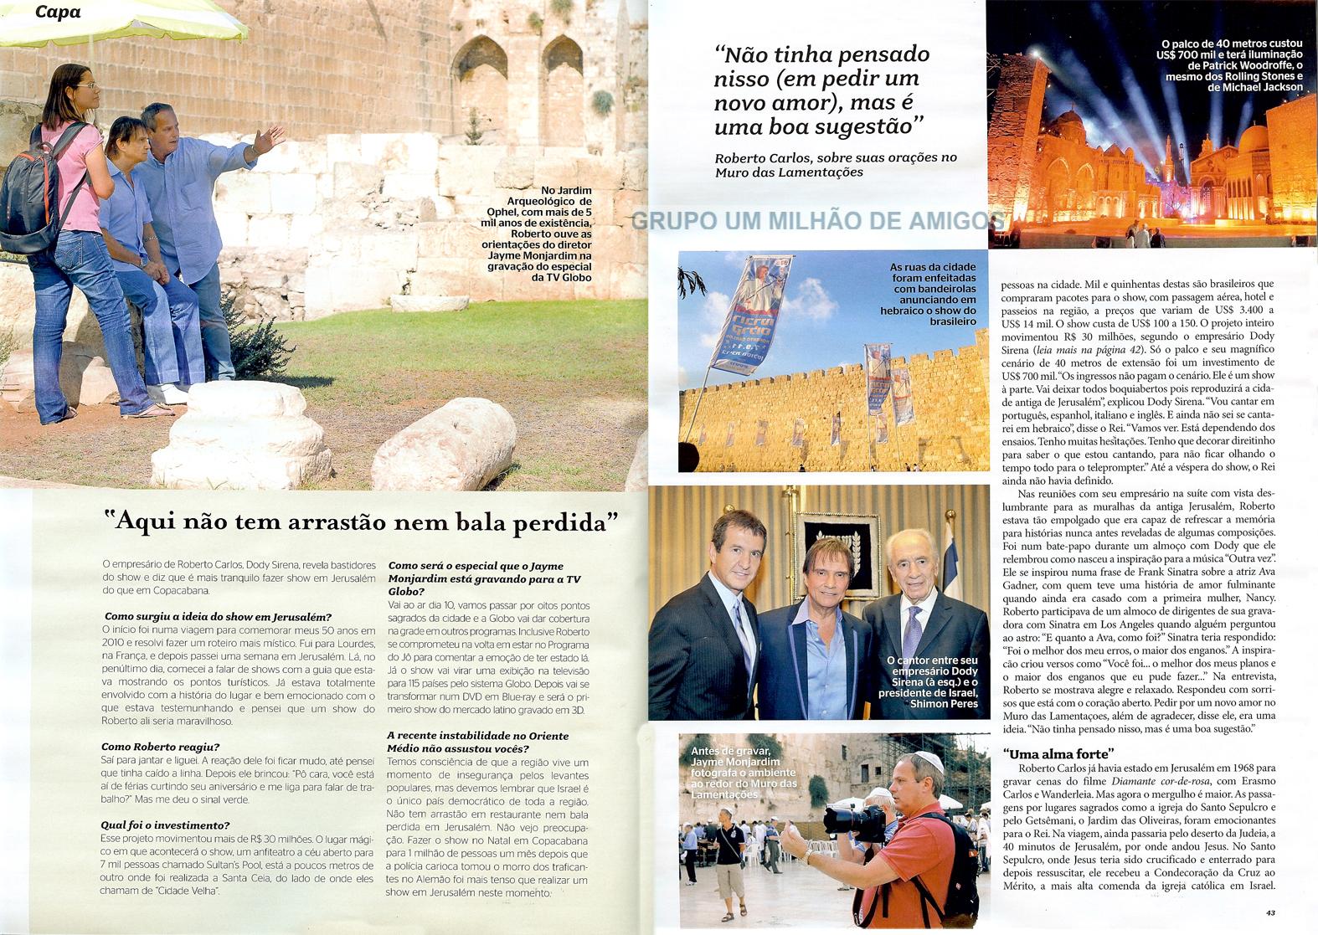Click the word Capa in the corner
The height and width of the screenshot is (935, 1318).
[x=58, y=13]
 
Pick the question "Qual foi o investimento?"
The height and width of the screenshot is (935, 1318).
[x=165, y=825]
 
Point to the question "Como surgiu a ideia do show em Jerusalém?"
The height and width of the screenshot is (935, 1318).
[x=217, y=617]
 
